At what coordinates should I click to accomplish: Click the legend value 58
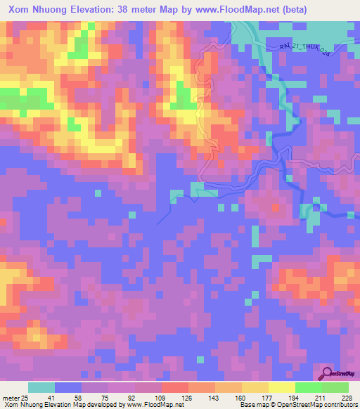(77, 397)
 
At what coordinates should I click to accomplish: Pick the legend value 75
(104, 397)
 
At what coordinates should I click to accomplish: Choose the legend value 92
(131, 397)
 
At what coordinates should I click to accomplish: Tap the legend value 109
(158, 397)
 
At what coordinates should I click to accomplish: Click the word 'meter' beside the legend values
(10, 397)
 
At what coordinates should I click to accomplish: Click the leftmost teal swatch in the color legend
(41, 387)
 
